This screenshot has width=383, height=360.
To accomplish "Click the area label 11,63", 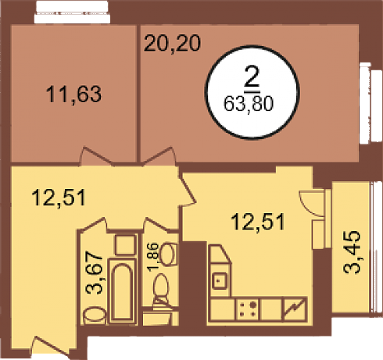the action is [73, 94].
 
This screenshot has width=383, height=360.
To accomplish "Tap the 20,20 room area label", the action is [173, 43].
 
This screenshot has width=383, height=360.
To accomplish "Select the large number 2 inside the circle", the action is [252, 77].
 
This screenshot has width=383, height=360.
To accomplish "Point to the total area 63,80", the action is [249, 104].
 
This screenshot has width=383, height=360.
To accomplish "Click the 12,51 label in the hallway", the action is [59, 198].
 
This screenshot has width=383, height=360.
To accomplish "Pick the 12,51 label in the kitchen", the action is [258, 222].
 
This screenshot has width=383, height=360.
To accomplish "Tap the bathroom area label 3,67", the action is [95, 273].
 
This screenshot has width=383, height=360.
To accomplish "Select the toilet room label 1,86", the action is [153, 257].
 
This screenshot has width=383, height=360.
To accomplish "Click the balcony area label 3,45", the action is [353, 251].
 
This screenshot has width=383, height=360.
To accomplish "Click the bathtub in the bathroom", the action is [122, 290].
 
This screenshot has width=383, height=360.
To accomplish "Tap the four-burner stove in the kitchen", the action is [247, 309].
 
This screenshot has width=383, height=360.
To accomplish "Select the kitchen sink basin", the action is [220, 280].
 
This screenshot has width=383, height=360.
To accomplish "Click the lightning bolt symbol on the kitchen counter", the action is [295, 308].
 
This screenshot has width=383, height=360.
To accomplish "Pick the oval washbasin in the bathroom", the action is [95, 315].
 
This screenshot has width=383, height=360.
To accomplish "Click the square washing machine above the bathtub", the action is [126, 244].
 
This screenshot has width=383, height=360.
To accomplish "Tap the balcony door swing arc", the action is [309, 206].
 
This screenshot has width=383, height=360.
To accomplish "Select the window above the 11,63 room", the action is [72, 12].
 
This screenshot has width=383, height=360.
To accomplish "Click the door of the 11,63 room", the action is [96, 156].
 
